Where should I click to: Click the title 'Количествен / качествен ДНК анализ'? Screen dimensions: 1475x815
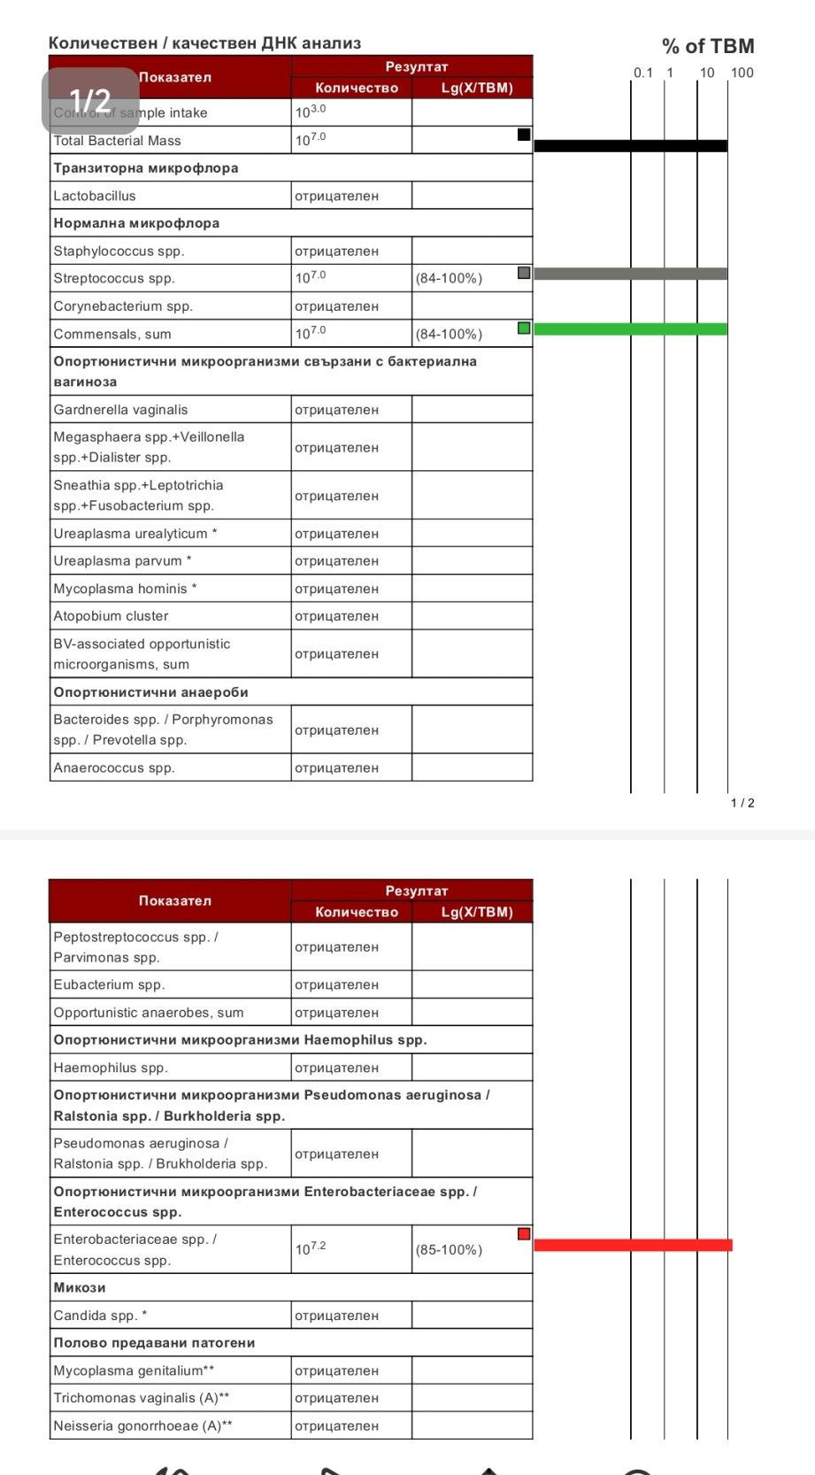click(x=204, y=42)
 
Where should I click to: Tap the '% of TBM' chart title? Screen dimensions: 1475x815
click(x=708, y=46)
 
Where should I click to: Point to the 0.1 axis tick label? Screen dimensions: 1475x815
click(x=643, y=73)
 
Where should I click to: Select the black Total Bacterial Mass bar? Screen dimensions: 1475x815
click(x=630, y=145)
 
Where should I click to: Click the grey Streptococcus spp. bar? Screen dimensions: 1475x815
click(x=630, y=274)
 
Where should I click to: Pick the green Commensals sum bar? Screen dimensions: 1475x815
click(x=630, y=329)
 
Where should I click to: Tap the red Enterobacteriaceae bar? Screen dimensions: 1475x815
click(x=633, y=1245)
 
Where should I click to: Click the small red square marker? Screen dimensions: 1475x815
click(x=524, y=1234)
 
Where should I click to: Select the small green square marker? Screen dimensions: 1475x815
click(x=524, y=328)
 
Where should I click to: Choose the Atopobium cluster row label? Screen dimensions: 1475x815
click(x=111, y=616)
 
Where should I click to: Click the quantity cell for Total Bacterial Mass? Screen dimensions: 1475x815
click(x=351, y=140)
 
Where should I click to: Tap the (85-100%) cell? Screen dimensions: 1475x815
click(x=449, y=1249)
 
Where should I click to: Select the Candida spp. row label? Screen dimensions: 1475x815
click(x=100, y=1316)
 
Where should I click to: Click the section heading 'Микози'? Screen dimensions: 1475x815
click(x=80, y=1287)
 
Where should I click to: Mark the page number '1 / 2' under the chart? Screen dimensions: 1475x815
click(x=742, y=803)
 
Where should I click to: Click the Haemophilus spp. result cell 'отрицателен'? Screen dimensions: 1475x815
click(x=336, y=1068)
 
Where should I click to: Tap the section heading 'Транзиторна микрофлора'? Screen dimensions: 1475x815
click(x=146, y=168)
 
